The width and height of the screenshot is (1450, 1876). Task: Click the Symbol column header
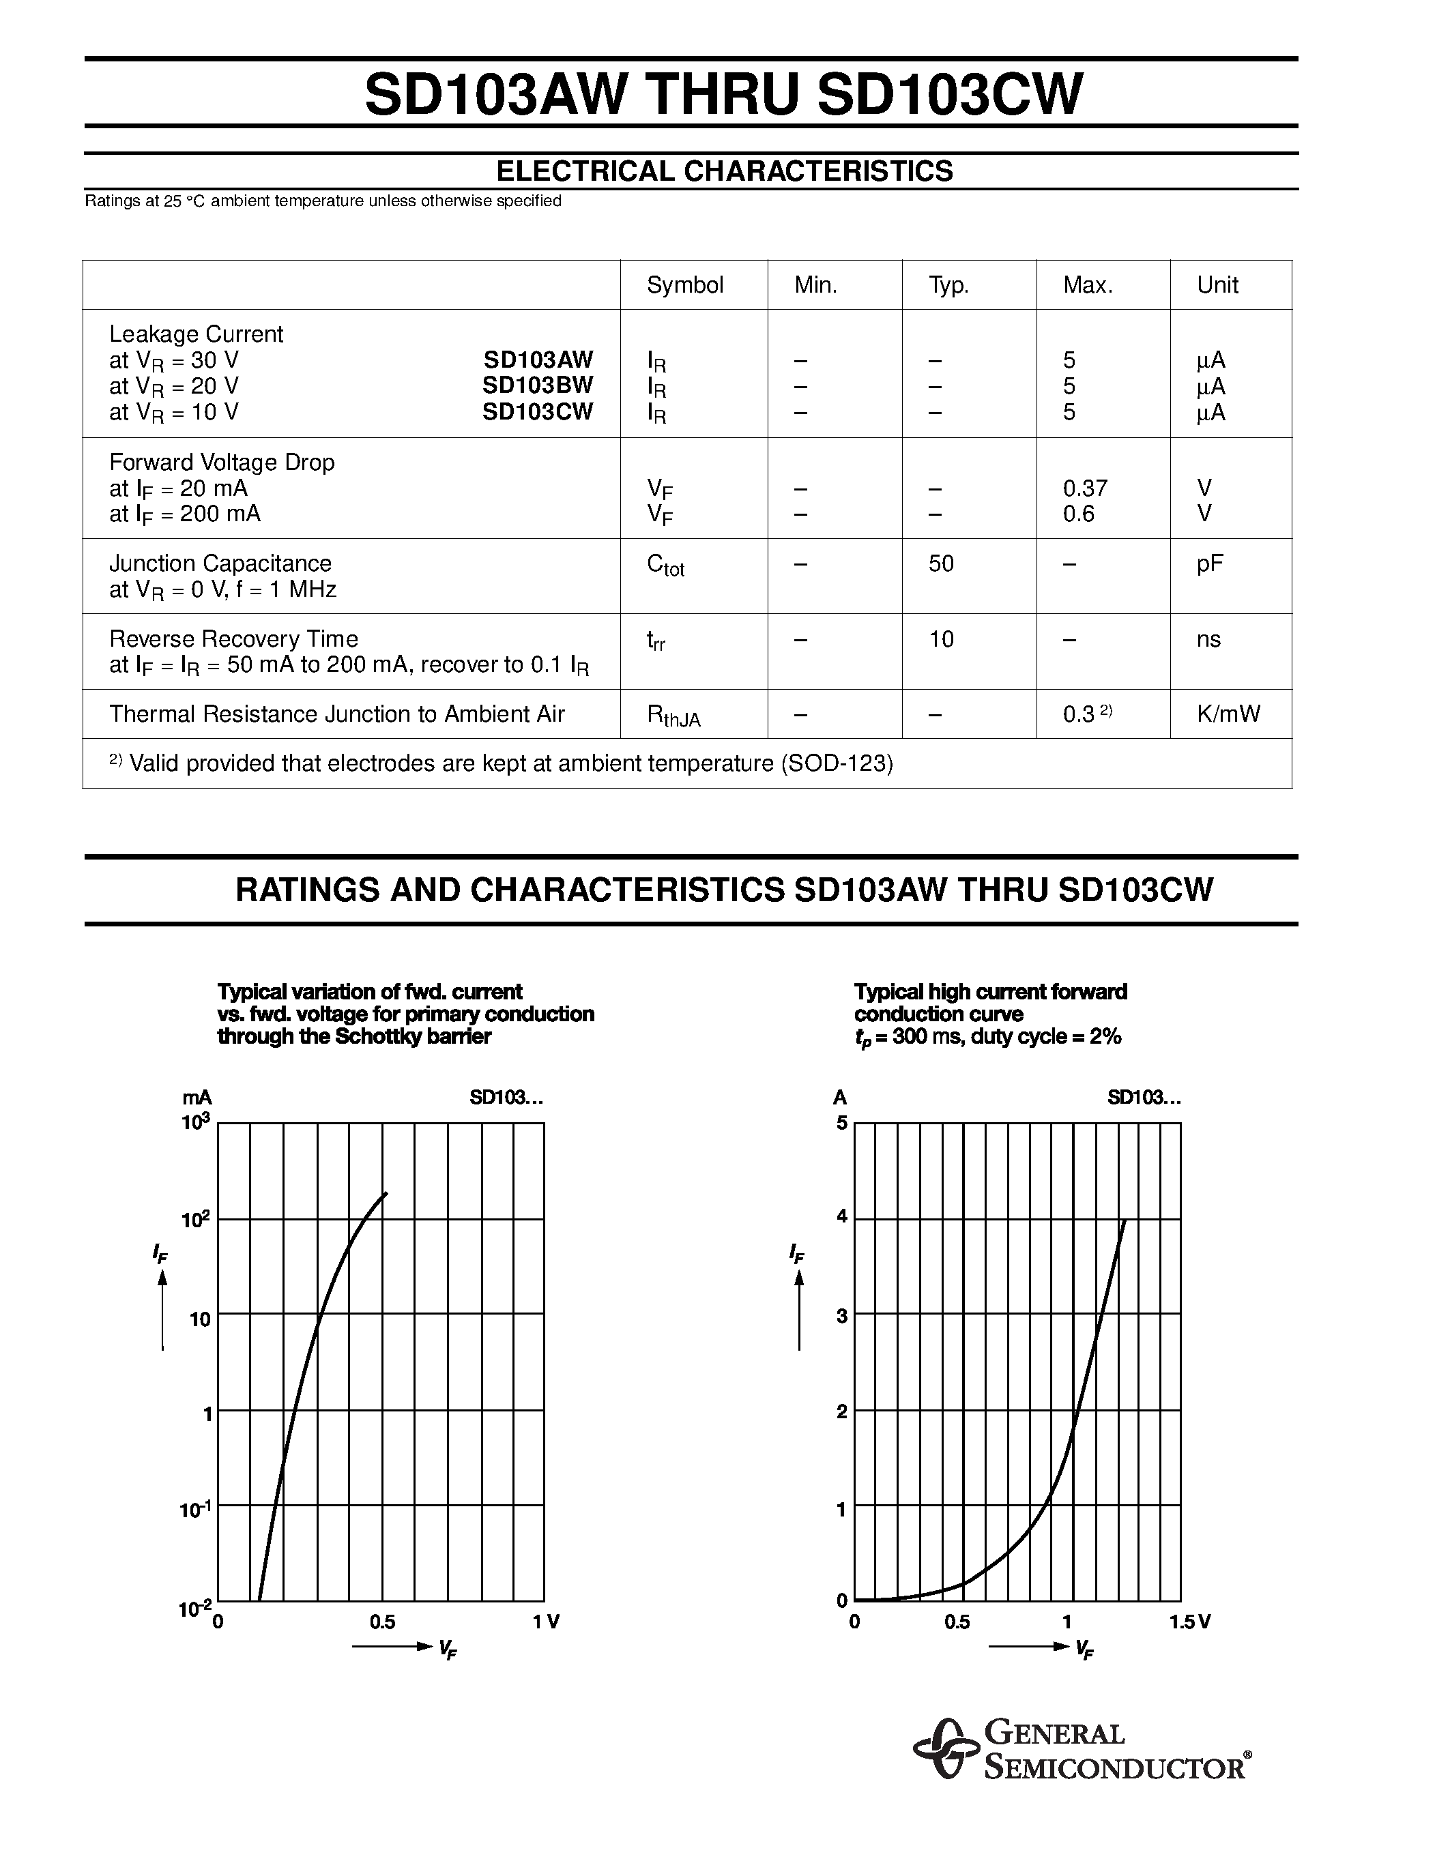(x=684, y=285)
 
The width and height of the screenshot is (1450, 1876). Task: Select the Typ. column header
(x=948, y=285)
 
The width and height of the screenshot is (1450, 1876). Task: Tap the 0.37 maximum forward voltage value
(x=1085, y=488)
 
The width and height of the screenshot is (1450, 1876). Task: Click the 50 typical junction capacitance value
(x=940, y=563)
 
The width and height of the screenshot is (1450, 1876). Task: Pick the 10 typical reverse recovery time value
(x=940, y=639)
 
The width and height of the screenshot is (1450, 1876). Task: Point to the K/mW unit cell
(x=1228, y=714)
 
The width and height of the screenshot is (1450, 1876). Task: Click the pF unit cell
(x=1210, y=563)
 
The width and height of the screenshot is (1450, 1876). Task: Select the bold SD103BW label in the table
(x=537, y=385)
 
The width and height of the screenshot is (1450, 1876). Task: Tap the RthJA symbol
(x=673, y=716)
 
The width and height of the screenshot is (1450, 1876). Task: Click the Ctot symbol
(x=665, y=566)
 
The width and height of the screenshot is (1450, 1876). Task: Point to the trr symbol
(x=656, y=641)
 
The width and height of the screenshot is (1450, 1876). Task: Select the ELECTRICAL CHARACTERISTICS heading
(x=724, y=171)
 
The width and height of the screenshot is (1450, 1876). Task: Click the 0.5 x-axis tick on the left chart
(x=382, y=1622)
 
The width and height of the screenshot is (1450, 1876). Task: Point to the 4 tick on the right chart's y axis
(x=842, y=1216)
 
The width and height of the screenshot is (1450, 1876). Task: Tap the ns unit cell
(x=1208, y=639)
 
